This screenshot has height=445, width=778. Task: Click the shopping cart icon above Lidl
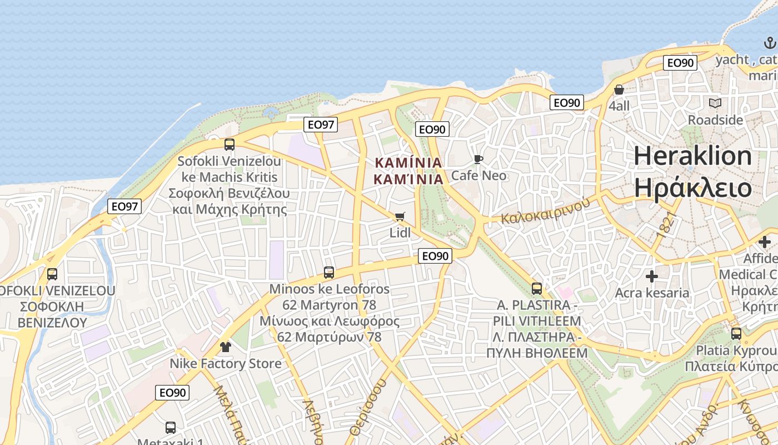click(x=400, y=216)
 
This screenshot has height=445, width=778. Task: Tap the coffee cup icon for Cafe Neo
click(x=478, y=160)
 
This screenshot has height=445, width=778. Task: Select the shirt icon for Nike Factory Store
click(x=225, y=347)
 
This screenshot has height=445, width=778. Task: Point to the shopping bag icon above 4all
click(x=619, y=90)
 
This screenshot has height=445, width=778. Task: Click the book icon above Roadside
click(x=715, y=103)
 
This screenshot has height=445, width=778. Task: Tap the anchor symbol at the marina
click(x=770, y=43)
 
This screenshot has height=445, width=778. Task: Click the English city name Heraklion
click(x=692, y=156)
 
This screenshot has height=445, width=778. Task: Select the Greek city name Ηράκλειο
click(x=692, y=188)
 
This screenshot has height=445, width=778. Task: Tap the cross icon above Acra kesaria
click(x=652, y=276)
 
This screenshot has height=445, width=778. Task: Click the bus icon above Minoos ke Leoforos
click(x=329, y=273)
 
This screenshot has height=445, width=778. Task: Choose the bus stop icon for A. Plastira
click(x=537, y=289)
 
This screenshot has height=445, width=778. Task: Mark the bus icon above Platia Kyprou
click(x=736, y=334)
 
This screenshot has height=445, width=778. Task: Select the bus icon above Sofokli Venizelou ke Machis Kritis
click(x=230, y=145)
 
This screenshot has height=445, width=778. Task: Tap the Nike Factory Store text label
click(x=226, y=364)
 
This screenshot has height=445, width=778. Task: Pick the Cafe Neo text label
click(x=478, y=176)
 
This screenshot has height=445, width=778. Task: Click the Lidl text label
click(x=400, y=233)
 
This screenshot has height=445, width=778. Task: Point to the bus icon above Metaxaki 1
click(x=171, y=428)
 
